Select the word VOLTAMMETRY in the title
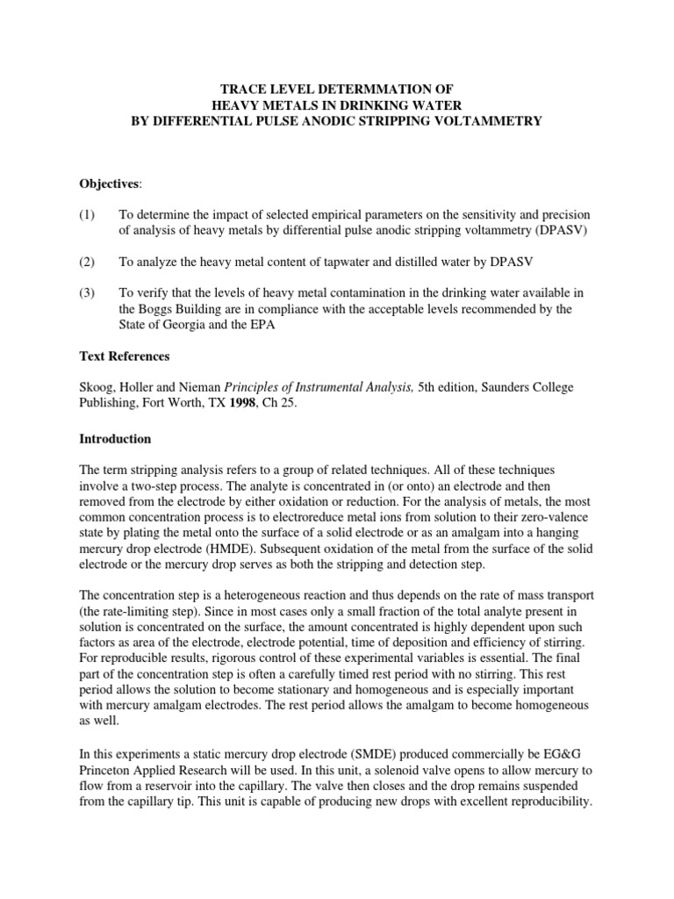click(492, 120)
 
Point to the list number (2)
click(88, 263)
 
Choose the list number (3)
click(88, 293)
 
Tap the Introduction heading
click(115, 439)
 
